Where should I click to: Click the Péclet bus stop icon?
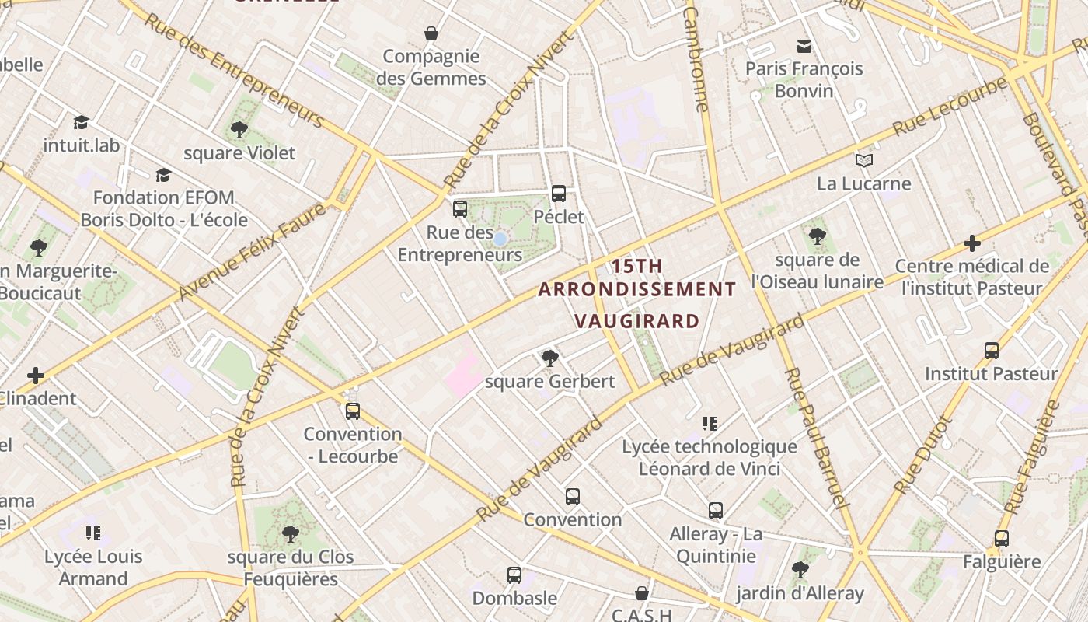click(558, 194)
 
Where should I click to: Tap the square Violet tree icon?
click(239, 130)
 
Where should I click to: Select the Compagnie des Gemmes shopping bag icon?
click(431, 33)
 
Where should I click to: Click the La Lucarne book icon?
click(864, 161)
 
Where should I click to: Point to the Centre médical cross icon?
click(971, 243)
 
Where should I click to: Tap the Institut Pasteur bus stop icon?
click(991, 351)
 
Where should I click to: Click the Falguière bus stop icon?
click(1002, 539)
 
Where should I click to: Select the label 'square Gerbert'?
click(549, 382)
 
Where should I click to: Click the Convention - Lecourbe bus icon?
click(353, 411)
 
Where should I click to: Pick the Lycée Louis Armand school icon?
click(93, 533)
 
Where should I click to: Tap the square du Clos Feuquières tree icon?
click(290, 534)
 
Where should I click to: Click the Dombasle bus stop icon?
click(514, 575)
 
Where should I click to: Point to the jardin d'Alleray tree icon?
click(800, 570)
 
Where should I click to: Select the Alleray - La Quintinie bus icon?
click(716, 511)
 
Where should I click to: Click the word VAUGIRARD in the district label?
click(636, 320)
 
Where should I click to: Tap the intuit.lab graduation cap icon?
click(81, 122)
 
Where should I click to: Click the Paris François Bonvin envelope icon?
click(804, 47)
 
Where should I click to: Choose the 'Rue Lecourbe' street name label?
click(949, 107)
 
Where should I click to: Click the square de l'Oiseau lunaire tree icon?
click(817, 236)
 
